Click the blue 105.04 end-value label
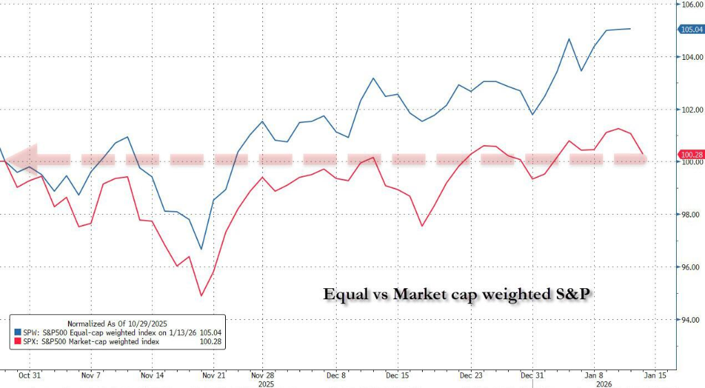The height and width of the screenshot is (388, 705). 691,30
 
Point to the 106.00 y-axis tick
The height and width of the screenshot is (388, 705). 691,4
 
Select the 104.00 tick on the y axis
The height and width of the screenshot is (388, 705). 691,57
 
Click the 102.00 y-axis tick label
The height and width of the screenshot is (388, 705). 691,110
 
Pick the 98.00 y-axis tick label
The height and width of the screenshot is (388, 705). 691,215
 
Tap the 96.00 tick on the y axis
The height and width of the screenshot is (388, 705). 691,267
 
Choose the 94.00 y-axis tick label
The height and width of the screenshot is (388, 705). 691,320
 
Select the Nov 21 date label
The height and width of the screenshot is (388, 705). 211,376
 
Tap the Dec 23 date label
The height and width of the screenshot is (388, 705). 472,376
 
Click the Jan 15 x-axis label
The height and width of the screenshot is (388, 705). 653,376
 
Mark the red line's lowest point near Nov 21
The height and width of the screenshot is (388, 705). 201,296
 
